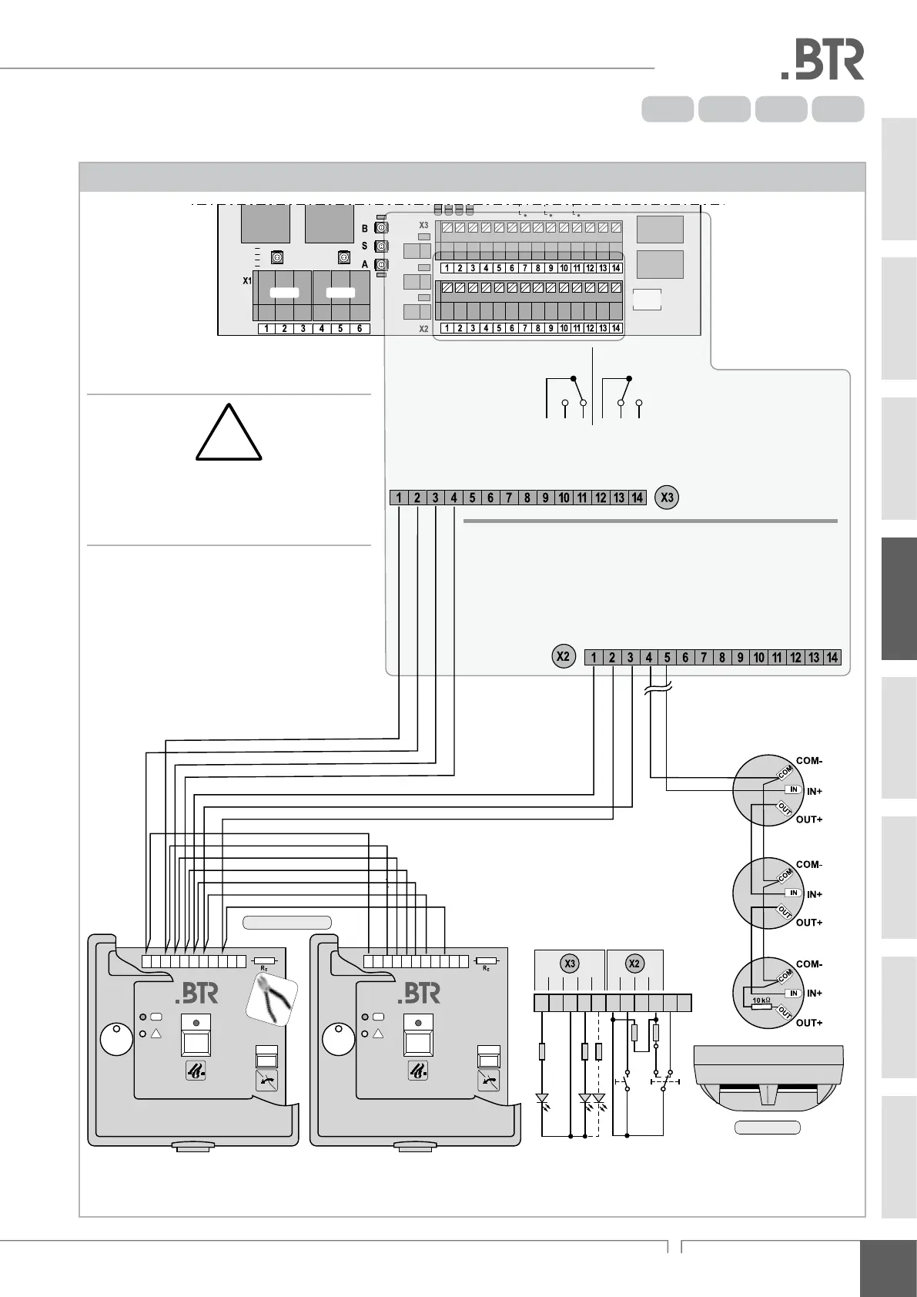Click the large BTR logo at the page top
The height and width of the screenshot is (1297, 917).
coord(822,61)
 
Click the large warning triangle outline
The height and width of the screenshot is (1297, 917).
coord(228,434)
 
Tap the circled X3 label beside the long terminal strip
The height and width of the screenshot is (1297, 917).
coord(667,498)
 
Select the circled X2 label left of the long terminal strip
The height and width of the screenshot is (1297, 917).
coord(564,657)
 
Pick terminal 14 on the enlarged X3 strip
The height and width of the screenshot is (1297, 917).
coord(638,498)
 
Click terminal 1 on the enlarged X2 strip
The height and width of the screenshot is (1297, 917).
coord(594,658)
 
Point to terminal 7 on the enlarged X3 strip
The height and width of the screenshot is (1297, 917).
coord(509,498)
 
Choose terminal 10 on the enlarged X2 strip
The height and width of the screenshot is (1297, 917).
coord(759,658)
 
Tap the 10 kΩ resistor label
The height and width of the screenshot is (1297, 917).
coord(761,1000)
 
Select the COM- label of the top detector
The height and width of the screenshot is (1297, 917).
coord(809,761)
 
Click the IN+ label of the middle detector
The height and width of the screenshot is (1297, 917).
coord(814,894)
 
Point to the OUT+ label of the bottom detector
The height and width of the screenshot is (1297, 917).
coord(809,1023)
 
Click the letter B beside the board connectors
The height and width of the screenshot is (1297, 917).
coord(365,229)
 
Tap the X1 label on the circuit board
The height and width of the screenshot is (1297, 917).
coord(247,281)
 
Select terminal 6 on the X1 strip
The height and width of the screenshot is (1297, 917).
coord(360,329)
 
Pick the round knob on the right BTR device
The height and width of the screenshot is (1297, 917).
coord(339,1040)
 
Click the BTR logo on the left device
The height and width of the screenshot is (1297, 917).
coord(196,994)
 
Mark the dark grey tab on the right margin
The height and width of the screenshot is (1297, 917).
coord(899,598)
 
